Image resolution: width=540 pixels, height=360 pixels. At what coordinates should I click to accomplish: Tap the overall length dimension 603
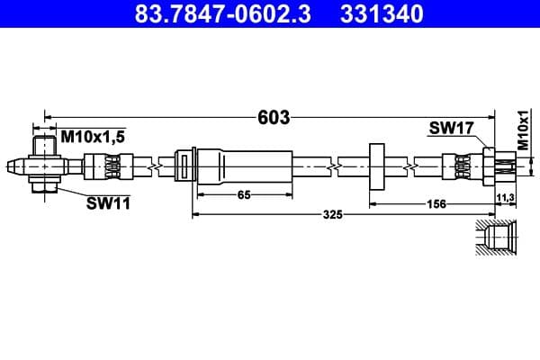coord(273,117)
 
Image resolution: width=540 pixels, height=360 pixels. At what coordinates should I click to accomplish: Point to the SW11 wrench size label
coord(108,203)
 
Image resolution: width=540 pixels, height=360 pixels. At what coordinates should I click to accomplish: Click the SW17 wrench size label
coord(451,130)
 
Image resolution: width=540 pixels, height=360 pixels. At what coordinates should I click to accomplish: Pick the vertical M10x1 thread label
coord(523,131)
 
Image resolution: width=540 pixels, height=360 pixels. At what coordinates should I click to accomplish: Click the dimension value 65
coord(242,194)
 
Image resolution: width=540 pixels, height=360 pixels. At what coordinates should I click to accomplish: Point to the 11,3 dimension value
coord(505,195)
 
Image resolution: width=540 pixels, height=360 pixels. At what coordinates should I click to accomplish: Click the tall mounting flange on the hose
coord(376,166)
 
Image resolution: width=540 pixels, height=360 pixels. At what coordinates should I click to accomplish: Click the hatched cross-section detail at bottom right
coord(495,238)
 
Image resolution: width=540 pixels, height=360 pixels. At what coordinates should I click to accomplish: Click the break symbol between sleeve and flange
coord(335,166)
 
